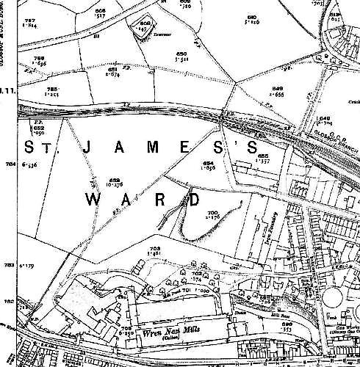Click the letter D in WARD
pos(194,199)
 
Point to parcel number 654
pos(208,163)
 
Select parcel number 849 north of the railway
pos(277,89)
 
